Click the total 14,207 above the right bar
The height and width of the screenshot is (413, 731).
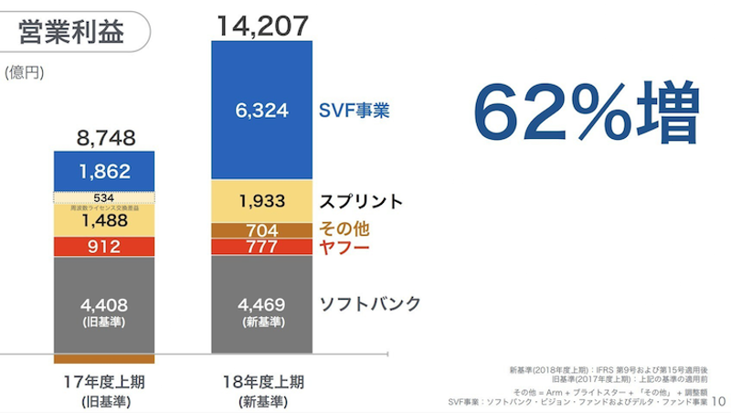point(261,26)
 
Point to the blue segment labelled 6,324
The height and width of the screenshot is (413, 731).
point(261,111)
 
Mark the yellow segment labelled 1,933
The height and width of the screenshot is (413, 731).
point(261,201)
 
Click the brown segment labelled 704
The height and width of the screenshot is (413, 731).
point(261,230)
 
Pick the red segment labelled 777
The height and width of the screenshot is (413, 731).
point(261,247)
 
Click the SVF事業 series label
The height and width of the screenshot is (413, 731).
point(354,111)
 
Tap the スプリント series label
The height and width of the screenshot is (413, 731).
point(361,201)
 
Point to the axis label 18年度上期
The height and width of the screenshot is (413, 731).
point(261,381)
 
